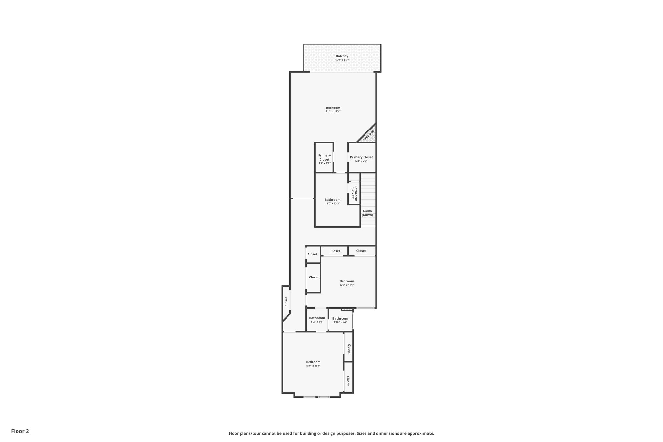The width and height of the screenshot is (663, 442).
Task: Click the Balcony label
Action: pos(342,56)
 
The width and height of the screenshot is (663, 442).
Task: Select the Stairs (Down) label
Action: pos(367,213)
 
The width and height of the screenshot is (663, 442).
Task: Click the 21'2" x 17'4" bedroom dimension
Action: pos(333,111)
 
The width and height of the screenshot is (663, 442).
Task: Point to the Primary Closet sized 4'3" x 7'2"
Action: pos(324,159)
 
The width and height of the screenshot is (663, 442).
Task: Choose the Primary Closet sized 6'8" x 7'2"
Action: pos(361,159)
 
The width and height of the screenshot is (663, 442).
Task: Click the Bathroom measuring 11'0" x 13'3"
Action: pos(332,201)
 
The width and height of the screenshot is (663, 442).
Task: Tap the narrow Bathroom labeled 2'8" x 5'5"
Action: pos(354,193)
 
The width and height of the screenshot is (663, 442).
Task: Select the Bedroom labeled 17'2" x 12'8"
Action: pos(346,283)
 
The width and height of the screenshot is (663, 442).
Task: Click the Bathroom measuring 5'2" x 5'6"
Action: pos(317,319)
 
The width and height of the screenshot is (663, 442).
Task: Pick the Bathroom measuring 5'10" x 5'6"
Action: pos(340,320)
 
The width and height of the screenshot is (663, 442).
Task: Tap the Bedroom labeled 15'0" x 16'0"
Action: pos(313,363)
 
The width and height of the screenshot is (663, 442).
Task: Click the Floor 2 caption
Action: pos(20,431)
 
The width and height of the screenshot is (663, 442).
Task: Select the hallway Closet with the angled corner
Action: pos(286,301)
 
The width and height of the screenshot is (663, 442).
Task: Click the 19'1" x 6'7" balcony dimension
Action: pos(342,60)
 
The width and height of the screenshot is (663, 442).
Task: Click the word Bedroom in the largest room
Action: pos(333,108)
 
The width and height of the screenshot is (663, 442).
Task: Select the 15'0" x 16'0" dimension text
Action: pos(313,366)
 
